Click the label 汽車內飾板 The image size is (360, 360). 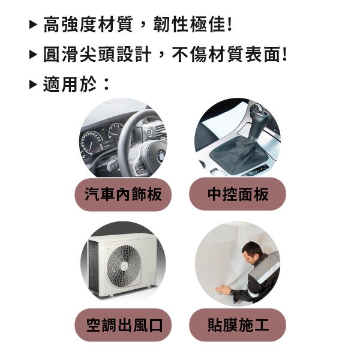tap(123, 194)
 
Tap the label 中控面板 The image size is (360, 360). tap(238, 194)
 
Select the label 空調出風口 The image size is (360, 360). tap(124, 325)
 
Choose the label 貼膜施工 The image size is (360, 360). tap(238, 325)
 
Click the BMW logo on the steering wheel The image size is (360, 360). tap(161, 157)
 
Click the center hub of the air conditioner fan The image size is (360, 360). tap(124, 266)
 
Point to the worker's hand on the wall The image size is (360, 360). tap(223, 290)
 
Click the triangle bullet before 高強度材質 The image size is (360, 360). tap(33, 25)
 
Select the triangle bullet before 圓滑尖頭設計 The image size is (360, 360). tap(33, 55)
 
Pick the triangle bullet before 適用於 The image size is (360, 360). tap(33, 84)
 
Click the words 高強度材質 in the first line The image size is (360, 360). tap(88, 24)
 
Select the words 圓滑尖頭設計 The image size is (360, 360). tap(97, 54)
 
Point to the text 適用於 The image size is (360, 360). tap(70, 84)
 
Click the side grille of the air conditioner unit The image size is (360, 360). tap(94, 268)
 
